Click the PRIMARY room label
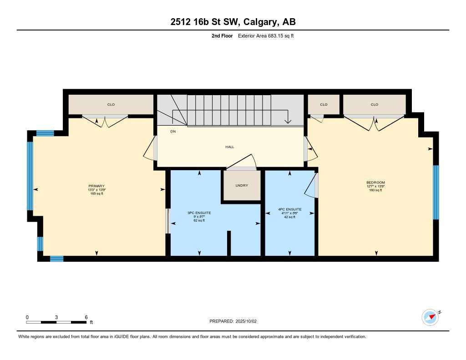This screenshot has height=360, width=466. click(x=96, y=186)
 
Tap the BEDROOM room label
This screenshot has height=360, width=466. click(x=375, y=183)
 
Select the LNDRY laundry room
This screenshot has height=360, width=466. click(x=241, y=185)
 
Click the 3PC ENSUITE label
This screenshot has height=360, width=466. click(x=199, y=213)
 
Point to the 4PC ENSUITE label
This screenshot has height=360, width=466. click(x=290, y=210)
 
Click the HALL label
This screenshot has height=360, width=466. click(x=229, y=147)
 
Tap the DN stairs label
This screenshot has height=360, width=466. click(x=173, y=131)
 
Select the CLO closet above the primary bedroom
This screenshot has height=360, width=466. click(x=111, y=105)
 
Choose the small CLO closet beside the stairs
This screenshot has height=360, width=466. click(x=324, y=105)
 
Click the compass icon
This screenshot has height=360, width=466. click(x=430, y=317)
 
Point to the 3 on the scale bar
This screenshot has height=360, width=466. click(x=56, y=317)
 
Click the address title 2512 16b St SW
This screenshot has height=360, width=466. click(x=233, y=22)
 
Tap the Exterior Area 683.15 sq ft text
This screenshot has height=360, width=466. click(x=266, y=35)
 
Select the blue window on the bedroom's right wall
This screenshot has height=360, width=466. click(x=436, y=192)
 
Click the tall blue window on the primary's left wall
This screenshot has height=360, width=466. click(x=30, y=175)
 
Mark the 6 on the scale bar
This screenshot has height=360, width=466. click(x=86, y=317)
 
